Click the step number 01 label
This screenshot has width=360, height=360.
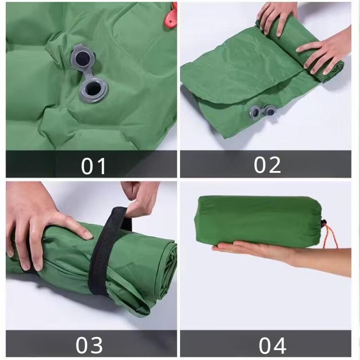pos(93,166)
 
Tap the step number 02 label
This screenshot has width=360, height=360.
pos(267,165)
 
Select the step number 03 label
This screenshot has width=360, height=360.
pos(89,345)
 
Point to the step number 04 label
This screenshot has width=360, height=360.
pos(273,346)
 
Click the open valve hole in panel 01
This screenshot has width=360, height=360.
pos(94,88)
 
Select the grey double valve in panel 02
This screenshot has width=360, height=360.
pos(263,112)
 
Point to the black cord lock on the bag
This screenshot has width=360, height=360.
pos(324,223)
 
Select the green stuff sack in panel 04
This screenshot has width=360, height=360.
pos(258,220)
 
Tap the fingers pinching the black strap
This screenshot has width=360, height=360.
pos(140,197)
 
